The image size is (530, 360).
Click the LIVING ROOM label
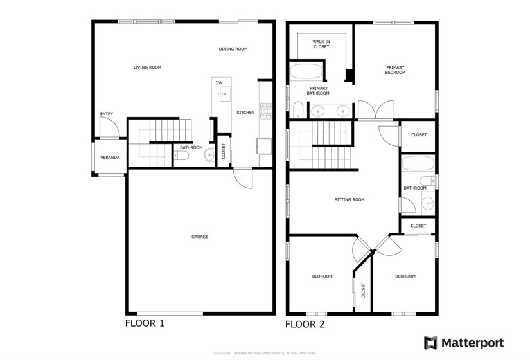pos(147,67)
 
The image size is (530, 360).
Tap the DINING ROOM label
pos(233,49)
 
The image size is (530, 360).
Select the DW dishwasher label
pos(219,83)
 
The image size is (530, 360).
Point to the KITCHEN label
pos(245,113)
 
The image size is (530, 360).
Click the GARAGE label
pos(199,237)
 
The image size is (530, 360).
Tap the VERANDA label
pos(109,157)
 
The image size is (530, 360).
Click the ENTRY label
pos(106,114)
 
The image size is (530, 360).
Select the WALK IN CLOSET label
pos(321,44)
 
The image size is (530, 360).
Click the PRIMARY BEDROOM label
pos(395,69)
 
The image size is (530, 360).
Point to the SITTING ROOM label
pos(349,199)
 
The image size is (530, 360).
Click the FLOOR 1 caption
pos(145,323)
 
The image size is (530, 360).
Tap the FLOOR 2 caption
pos(305,324)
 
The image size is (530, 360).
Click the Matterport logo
pos(463,343)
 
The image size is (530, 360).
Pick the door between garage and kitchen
pos(243,177)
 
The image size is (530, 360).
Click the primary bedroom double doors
pos(375,110)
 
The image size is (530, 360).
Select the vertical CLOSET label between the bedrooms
pos(363,290)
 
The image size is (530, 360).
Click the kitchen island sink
pos(223,94)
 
